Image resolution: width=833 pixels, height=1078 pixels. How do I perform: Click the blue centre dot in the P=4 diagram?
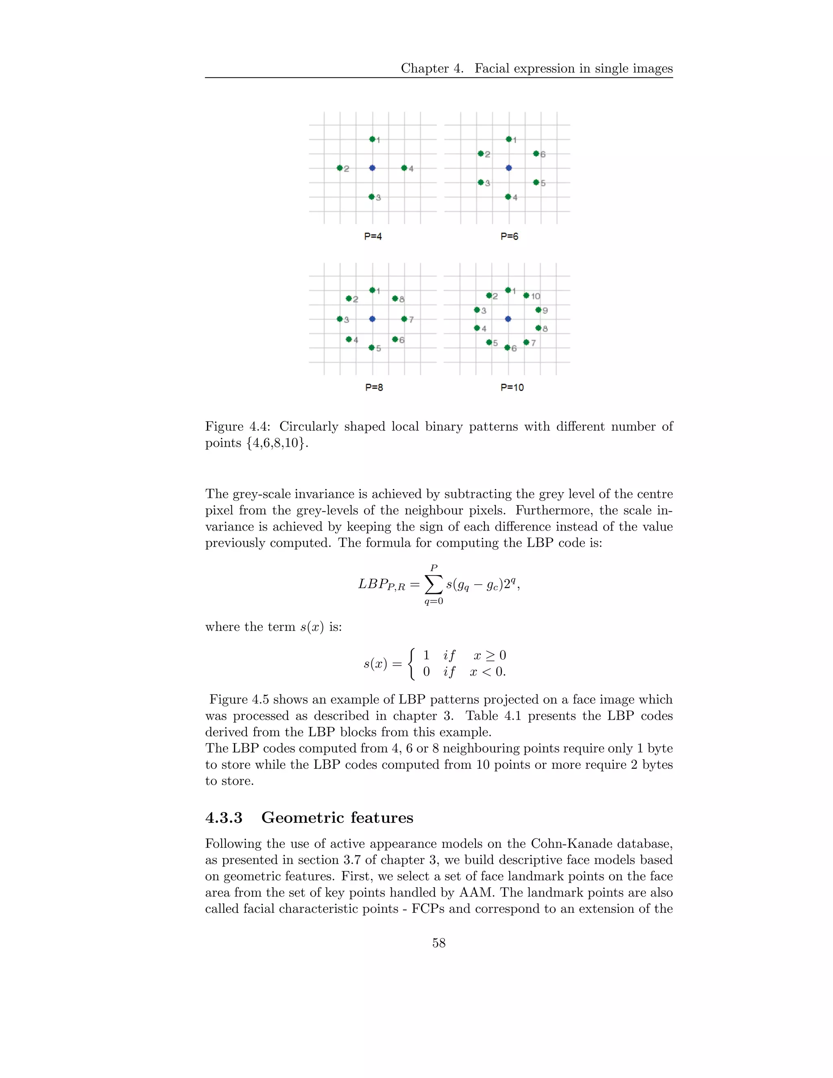pyautogui.click(x=372, y=168)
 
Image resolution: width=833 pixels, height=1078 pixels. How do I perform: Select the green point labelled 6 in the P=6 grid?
pyautogui.click(x=536, y=153)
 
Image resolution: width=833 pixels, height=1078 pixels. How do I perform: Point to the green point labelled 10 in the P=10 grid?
pyautogui.click(x=526, y=296)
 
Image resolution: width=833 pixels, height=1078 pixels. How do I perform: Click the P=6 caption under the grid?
pyautogui.click(x=509, y=236)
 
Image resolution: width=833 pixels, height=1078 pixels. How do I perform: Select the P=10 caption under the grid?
pyautogui.click(x=512, y=387)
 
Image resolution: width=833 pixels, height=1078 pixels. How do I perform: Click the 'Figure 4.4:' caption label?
pyautogui.click(x=238, y=426)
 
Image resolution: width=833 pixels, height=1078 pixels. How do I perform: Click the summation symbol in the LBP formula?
pyautogui.click(x=434, y=585)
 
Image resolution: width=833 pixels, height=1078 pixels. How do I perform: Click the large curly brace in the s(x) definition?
pyautogui.click(x=412, y=663)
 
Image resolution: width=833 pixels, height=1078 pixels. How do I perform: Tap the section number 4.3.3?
pyautogui.click(x=224, y=818)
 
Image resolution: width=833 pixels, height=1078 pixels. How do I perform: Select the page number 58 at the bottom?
pyautogui.click(x=439, y=943)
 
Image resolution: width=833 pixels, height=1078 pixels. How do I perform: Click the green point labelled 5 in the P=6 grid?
pyautogui.click(x=536, y=182)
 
